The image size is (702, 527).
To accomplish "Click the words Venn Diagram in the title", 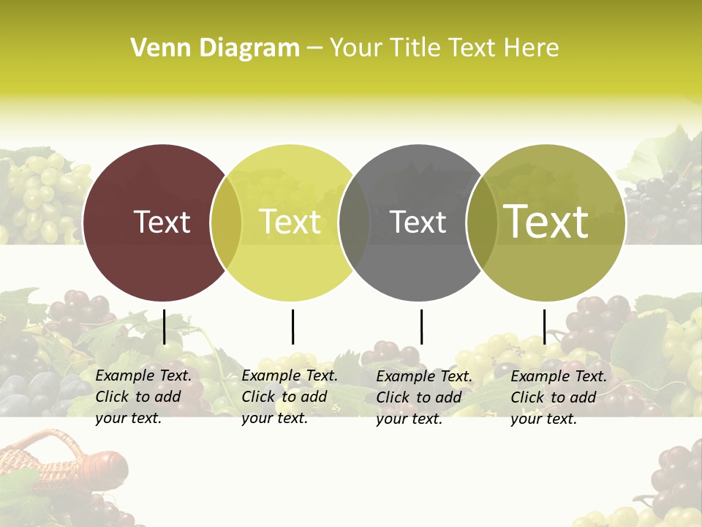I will pos(215,48).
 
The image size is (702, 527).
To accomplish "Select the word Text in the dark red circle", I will pos(162,222).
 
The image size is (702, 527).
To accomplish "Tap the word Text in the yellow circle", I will pos(290,222).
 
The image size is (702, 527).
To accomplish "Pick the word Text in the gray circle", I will pos(418,222).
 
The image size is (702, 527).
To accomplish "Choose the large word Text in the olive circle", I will pos(546,222).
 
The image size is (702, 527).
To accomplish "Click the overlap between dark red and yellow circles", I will pos(226,223).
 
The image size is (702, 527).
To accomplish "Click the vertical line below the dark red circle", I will pos(165,326).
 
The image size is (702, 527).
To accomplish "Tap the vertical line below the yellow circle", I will pos(292,326).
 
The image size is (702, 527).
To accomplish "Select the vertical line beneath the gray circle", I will pos(421,326).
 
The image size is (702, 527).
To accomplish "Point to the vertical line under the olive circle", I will pos(544,326).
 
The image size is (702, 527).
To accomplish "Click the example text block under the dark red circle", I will pos(143,397).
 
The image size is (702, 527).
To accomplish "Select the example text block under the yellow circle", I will pos(290,397).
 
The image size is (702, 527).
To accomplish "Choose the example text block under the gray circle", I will pos(424,397).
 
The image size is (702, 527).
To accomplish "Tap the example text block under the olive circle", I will pos(559,397).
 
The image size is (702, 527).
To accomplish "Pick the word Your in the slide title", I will pos(356,48).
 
